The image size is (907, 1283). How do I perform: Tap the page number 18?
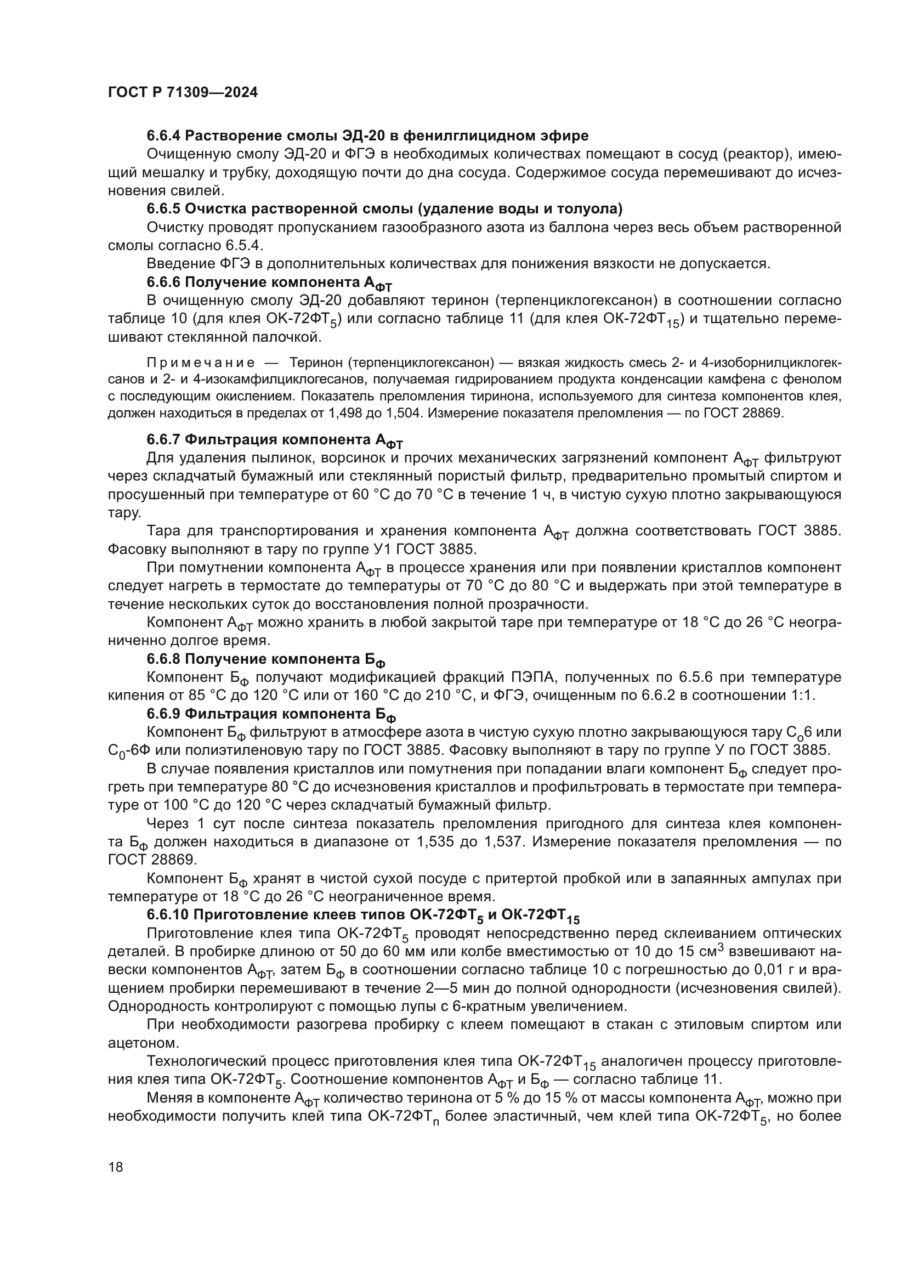tap(116, 1167)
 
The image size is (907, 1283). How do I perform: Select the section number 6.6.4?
tap(164, 136)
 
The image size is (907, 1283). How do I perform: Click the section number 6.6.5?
tap(164, 209)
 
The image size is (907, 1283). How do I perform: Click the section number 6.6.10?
tap(168, 915)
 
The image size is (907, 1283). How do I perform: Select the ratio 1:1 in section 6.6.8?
tap(803, 696)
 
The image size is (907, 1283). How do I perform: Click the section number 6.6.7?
tap(164, 440)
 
